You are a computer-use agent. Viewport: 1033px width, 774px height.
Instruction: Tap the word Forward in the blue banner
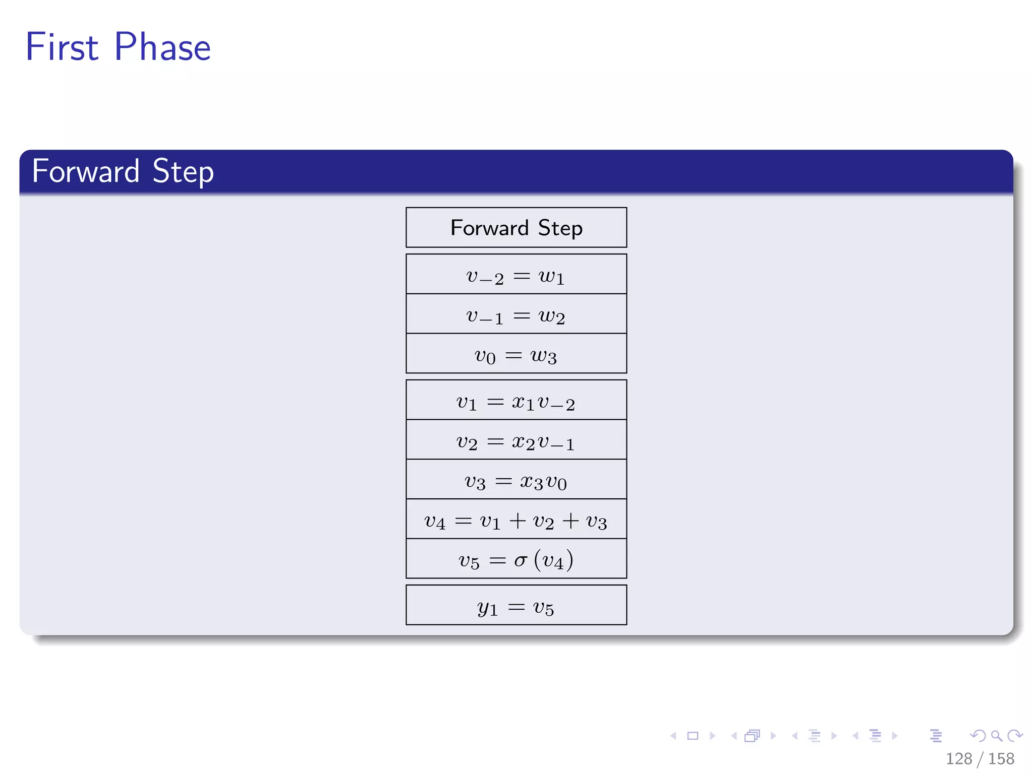(85, 171)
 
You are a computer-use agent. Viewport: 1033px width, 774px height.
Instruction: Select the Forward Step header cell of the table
(516, 228)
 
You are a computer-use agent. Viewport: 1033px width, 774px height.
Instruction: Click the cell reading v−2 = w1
(516, 275)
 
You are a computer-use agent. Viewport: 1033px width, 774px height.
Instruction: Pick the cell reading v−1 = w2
(516, 315)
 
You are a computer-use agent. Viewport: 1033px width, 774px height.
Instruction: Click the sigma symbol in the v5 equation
(521, 560)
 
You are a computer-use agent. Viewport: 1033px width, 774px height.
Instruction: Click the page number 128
(958, 758)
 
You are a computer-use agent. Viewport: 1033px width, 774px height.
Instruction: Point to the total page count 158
(1001, 758)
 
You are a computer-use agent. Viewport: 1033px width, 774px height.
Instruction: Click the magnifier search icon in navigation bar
(996, 736)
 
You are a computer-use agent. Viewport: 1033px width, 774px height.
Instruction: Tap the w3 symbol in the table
(544, 356)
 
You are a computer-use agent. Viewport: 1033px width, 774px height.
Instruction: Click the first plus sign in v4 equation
(518, 520)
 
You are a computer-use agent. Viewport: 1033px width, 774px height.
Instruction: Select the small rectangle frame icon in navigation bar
(693, 736)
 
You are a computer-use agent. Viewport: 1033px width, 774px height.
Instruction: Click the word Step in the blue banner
(183, 171)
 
